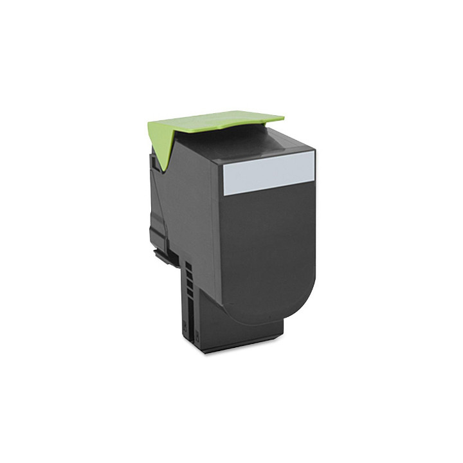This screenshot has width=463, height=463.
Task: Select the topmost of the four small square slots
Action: [187, 265]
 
